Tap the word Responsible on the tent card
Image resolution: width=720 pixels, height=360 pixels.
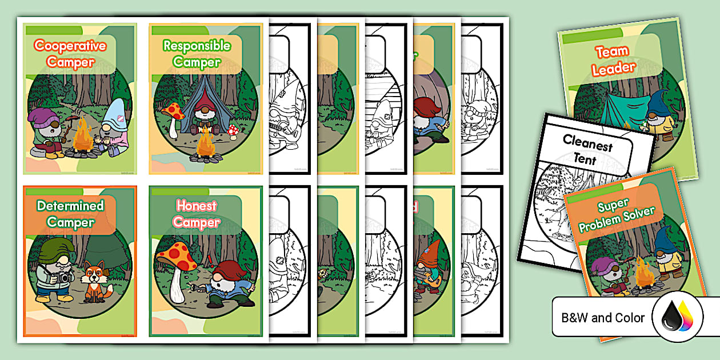pyautogui.click(x=197, y=45)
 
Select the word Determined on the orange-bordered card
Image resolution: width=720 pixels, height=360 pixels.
pyautogui.click(x=70, y=205)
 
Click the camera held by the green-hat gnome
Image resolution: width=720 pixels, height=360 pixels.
pyautogui.click(x=62, y=278)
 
